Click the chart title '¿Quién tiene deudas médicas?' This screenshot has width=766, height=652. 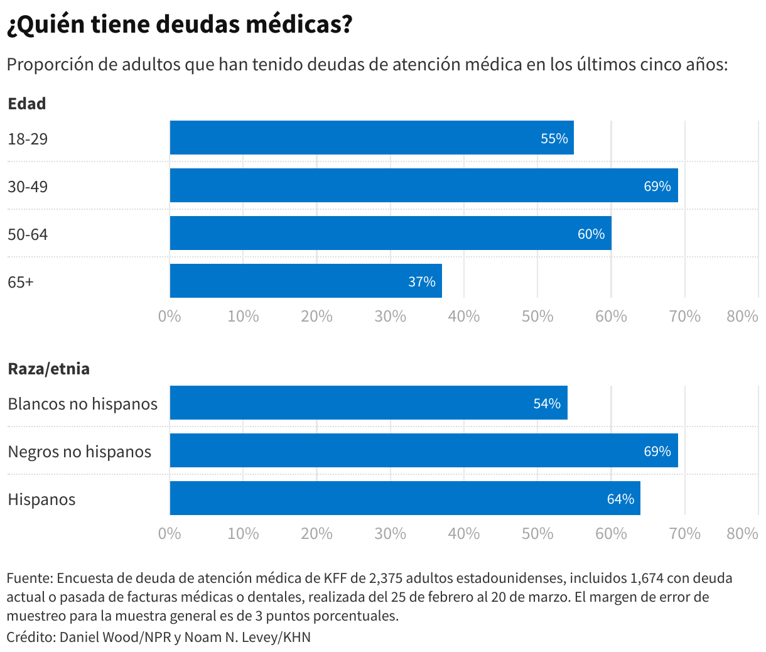pyautogui.click(x=180, y=24)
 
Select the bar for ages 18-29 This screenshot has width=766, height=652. pyautogui.click(x=371, y=138)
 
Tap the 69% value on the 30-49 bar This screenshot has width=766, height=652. pyautogui.click(x=657, y=186)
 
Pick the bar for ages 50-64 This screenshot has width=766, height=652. pyautogui.click(x=390, y=233)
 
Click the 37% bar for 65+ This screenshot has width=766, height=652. pyautogui.click(x=305, y=281)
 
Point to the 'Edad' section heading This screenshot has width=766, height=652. pyautogui.click(x=27, y=104)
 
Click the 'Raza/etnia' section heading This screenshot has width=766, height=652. pyautogui.click(x=48, y=369)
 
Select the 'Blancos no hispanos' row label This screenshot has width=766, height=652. pyautogui.click(x=82, y=404)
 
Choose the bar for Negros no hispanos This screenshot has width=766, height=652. pyautogui.click(x=423, y=450)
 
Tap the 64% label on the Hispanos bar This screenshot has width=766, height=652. pyautogui.click(x=620, y=499)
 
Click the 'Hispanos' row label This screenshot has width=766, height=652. pyautogui.click(x=41, y=500)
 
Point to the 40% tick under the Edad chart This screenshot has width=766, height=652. pyautogui.click(x=463, y=316)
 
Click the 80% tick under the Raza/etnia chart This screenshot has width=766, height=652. pyautogui.click(x=742, y=533)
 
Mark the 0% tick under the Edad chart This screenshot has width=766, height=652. pyautogui.click(x=170, y=316)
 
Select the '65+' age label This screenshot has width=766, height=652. pyautogui.click(x=21, y=282)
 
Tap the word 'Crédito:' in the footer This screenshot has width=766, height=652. pyautogui.click(x=31, y=637)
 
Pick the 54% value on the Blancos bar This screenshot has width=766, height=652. pyautogui.click(x=546, y=403)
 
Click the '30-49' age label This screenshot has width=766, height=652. pyautogui.click(x=28, y=187)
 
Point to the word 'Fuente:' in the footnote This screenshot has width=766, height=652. pyautogui.click(x=30, y=578)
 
